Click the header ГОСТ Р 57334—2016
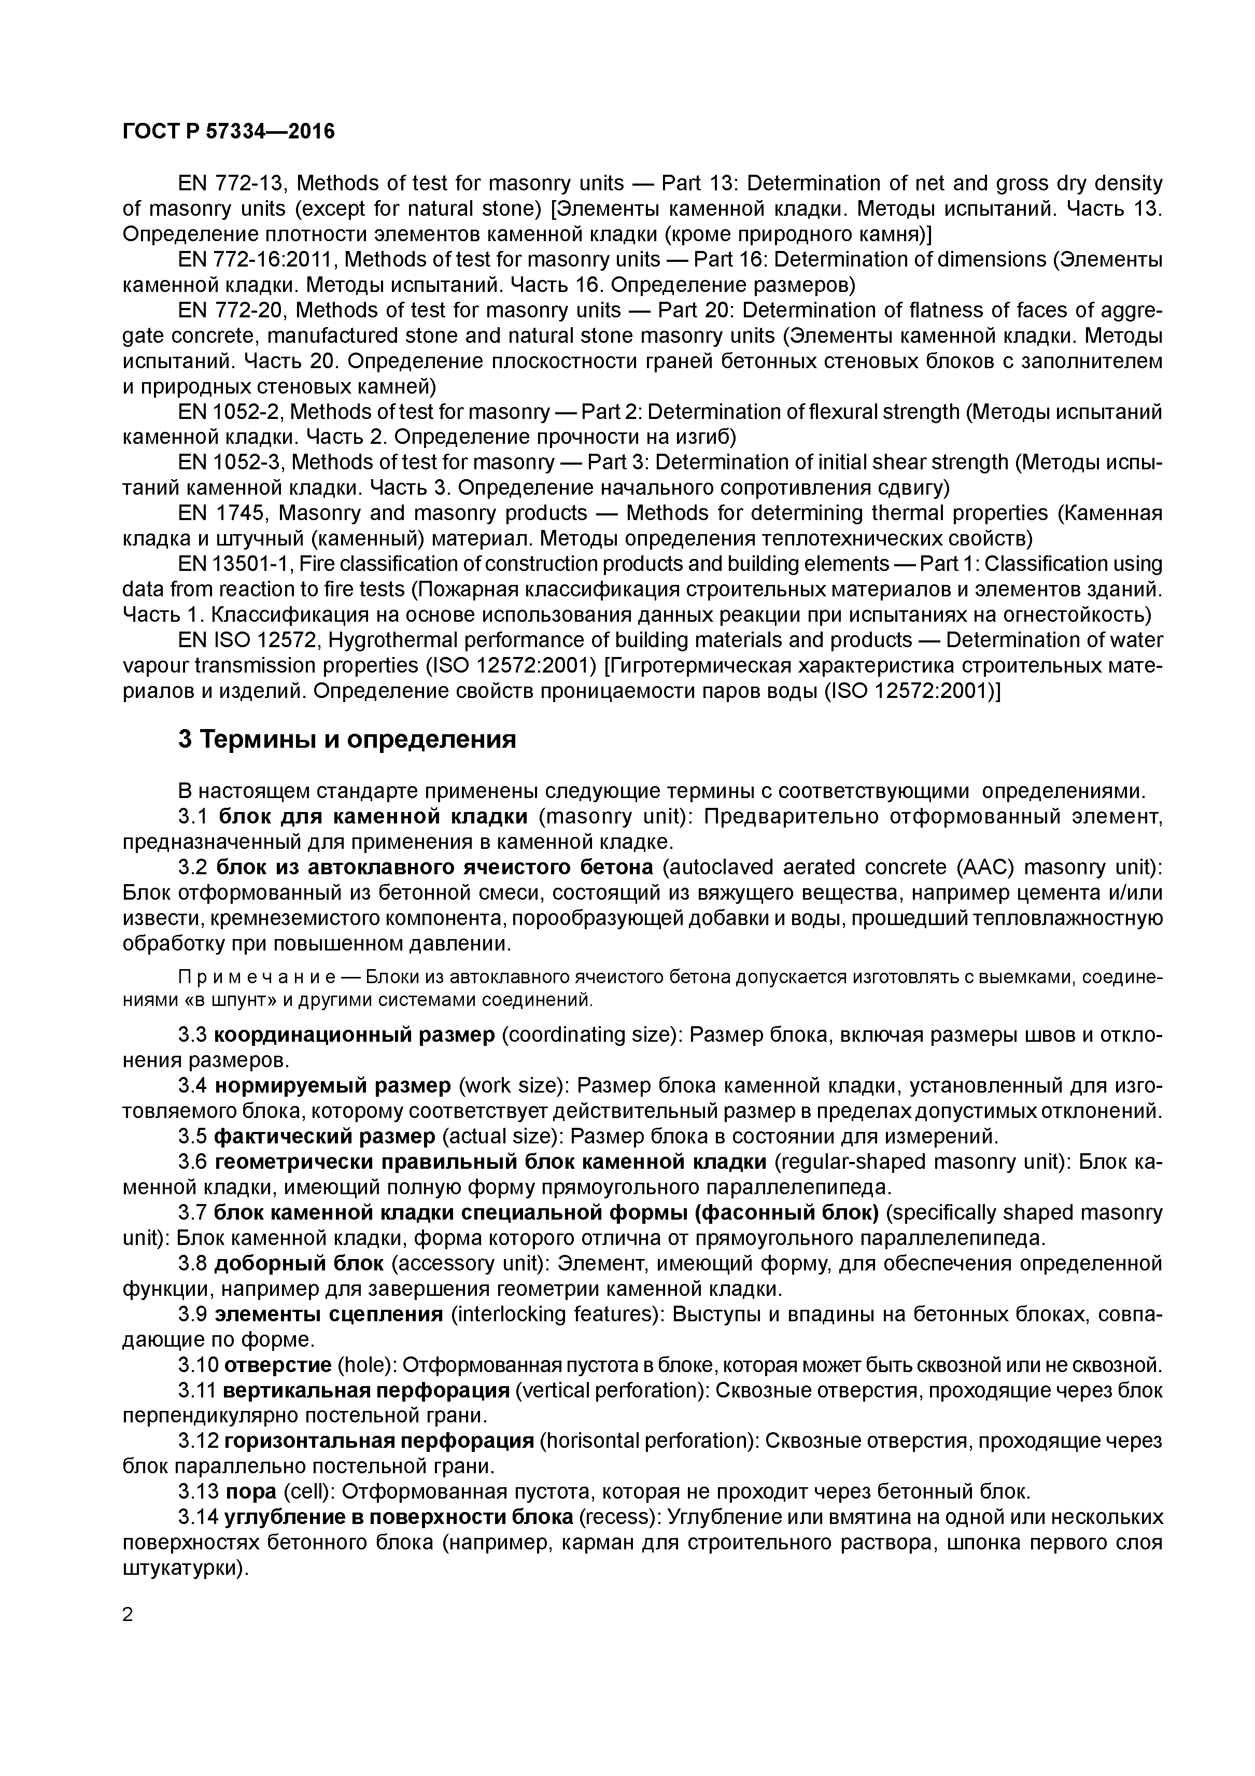[229, 132]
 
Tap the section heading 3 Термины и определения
[346, 739]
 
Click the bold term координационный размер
[354, 1035]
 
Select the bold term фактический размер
[324, 1136]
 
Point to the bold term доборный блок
[299, 1263]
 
